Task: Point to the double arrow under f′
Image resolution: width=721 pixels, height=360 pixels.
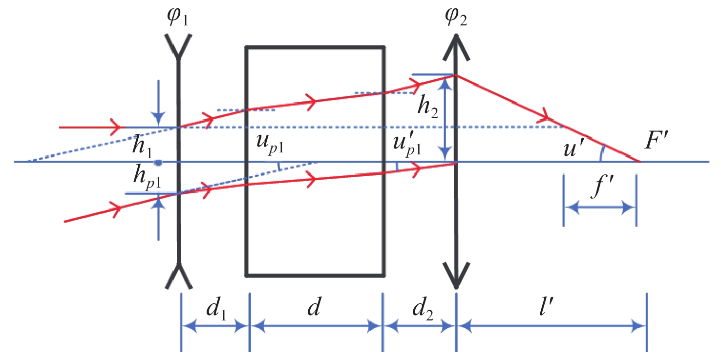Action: point(600,208)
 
